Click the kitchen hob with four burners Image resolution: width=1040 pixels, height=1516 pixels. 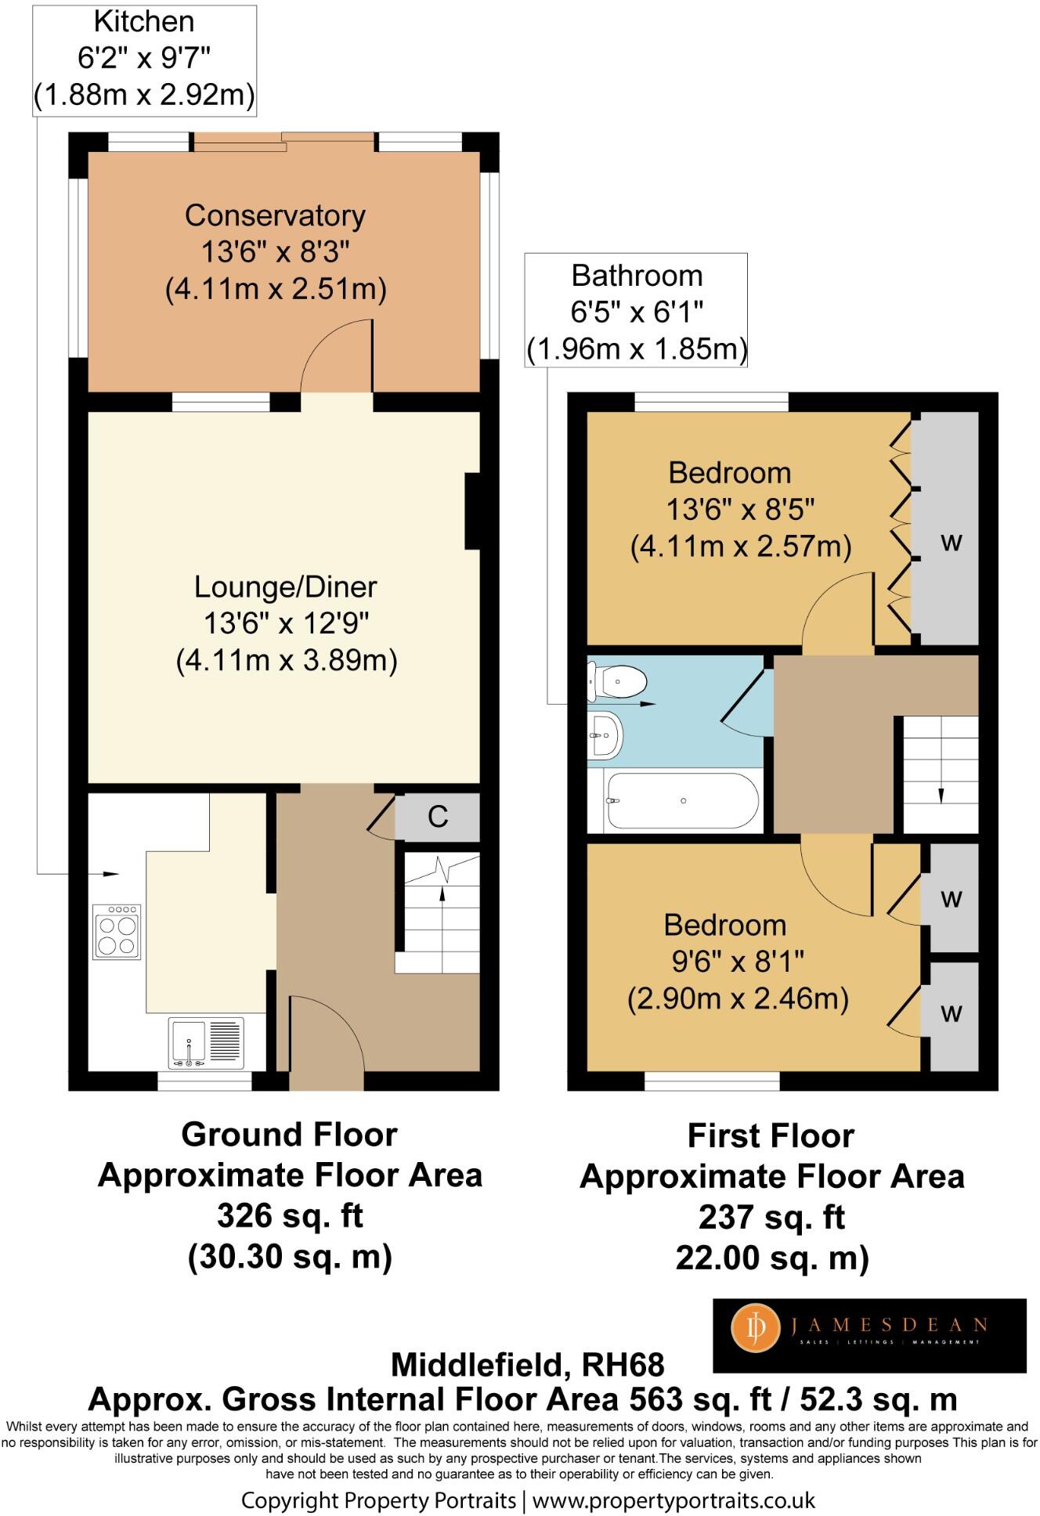coord(117,931)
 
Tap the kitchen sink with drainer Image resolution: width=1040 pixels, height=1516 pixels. coord(206,1042)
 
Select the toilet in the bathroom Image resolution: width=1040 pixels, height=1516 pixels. coord(617,681)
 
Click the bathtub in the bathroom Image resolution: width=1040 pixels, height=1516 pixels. coord(682,801)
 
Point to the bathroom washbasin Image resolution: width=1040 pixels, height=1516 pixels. coord(605,735)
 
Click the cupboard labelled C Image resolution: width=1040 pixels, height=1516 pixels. coord(437,817)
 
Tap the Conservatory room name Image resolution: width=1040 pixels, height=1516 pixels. coord(275,216)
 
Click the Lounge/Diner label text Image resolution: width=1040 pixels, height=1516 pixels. coord(285,587)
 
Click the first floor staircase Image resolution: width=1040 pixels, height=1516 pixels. coord(941,774)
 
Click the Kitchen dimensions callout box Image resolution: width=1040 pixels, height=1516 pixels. coord(144,60)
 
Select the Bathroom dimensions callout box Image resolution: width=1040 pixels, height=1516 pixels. coord(636,310)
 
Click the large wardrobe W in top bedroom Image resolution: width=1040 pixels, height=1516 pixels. coord(949,529)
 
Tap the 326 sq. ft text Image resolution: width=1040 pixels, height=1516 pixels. coord(290,1216)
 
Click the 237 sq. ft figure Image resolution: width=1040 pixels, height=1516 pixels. coord(771,1218)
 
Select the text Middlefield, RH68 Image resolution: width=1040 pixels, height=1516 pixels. coord(527,1365)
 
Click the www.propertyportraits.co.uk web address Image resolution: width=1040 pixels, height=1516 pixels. coord(673,1500)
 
